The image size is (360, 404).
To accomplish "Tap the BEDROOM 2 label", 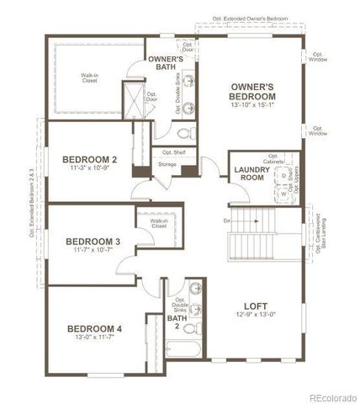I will pyautogui.click(x=89, y=158).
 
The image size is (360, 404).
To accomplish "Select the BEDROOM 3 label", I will pyautogui.click(x=93, y=242).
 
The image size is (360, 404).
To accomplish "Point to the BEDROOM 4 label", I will pyautogui.click(x=95, y=328).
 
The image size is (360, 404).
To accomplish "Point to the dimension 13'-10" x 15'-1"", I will pyautogui.click(x=254, y=106).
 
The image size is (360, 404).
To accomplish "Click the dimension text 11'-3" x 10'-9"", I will pyautogui.click(x=89, y=168).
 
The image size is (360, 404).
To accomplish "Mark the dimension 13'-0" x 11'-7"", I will pyautogui.click(x=95, y=338).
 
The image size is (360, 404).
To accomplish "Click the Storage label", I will pyautogui.click(x=167, y=164).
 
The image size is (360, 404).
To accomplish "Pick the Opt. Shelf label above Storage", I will pyautogui.click(x=174, y=152).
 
